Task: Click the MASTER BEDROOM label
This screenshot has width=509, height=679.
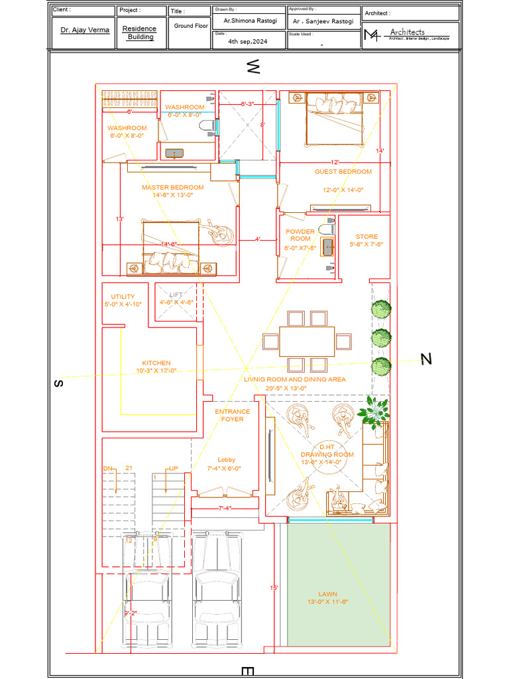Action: (172, 188)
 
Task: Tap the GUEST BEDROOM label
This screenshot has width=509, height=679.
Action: (343, 172)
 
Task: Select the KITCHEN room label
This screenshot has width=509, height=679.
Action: (156, 363)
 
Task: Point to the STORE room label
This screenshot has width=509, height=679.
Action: (367, 237)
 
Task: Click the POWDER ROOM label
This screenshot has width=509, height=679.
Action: (300, 235)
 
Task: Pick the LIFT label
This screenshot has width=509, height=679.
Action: (176, 294)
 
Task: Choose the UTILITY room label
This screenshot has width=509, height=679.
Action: (123, 296)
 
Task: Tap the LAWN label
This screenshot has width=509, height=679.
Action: (327, 594)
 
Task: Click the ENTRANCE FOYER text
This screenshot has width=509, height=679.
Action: (233, 415)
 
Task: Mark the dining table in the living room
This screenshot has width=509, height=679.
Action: (307, 341)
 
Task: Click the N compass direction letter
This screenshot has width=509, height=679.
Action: (426, 359)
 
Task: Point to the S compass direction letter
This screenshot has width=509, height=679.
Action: (58, 383)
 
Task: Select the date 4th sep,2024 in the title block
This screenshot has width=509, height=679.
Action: (248, 41)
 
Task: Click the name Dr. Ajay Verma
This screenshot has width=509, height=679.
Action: (84, 31)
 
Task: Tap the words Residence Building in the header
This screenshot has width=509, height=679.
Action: (141, 33)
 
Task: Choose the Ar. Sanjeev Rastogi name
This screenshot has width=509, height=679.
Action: (323, 21)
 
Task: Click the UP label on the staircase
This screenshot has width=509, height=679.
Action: (174, 469)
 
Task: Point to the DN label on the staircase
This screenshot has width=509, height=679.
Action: (108, 469)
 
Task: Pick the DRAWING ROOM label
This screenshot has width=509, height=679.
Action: (327, 454)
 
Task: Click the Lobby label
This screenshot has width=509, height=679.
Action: (226, 460)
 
